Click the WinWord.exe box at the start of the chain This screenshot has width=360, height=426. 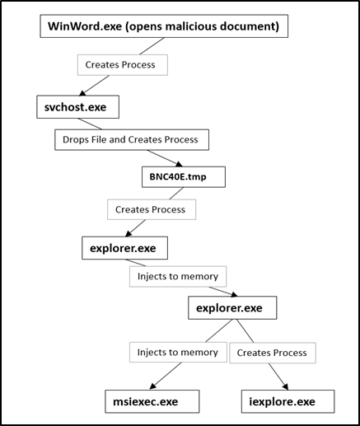click(164, 26)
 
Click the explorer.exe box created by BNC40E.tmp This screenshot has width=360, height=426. click(124, 246)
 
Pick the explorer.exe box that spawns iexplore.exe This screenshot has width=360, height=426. click(230, 308)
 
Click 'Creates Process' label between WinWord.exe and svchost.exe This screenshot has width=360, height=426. click(122, 63)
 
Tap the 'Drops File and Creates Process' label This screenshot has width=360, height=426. click(131, 139)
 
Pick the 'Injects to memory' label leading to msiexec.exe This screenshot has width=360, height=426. click(178, 352)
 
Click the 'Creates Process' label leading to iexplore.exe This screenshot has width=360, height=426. click(272, 352)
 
